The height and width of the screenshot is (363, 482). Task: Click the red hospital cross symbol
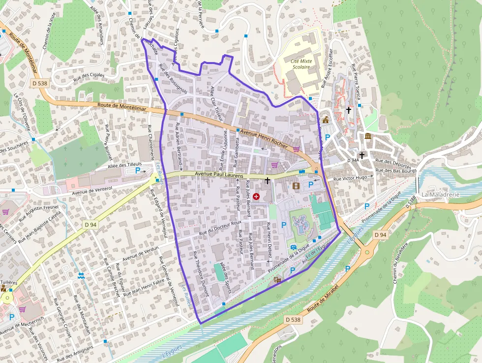(256, 197)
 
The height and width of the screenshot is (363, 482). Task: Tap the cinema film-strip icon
(296, 186)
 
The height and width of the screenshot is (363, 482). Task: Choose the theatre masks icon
(277, 280)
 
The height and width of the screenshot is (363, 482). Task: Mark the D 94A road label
(354, 161)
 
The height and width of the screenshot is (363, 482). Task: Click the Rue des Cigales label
(89, 75)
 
